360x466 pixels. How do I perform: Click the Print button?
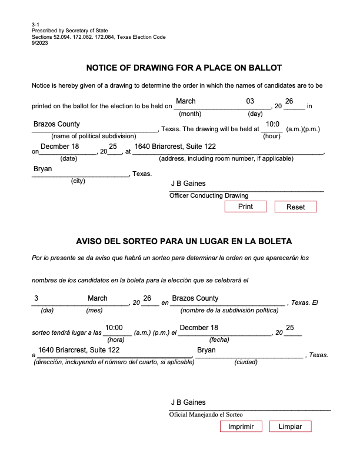tap(245, 207)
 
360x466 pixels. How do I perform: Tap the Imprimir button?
tap(245, 427)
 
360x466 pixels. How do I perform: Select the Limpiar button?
tap(290, 427)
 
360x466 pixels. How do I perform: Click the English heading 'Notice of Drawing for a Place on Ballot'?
tap(184, 68)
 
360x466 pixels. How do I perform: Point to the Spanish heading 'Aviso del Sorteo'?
tap(184, 241)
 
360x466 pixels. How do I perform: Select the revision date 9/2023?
tap(40, 43)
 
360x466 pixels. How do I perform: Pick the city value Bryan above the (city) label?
tap(43, 169)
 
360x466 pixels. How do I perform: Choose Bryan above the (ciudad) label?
tap(206, 350)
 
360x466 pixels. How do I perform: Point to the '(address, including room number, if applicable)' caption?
tap(227, 159)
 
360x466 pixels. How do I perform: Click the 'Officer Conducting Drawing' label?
tap(209, 195)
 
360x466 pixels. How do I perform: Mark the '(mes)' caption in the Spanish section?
tap(94, 310)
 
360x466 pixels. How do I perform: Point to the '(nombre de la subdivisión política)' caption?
tap(229, 310)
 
